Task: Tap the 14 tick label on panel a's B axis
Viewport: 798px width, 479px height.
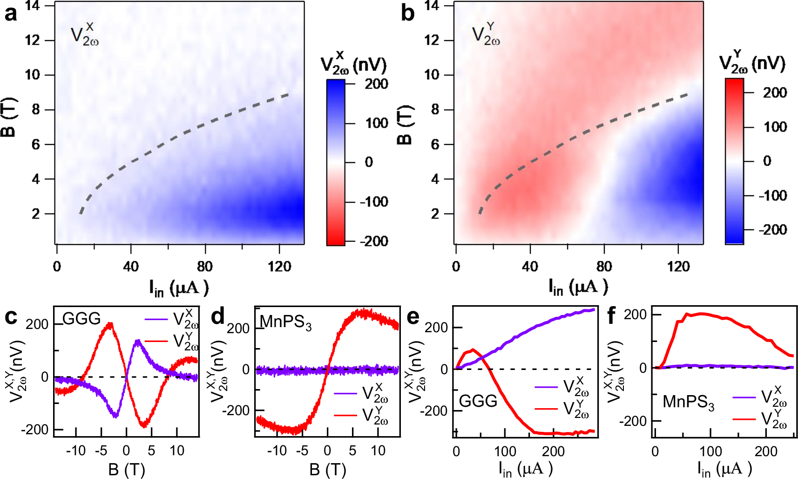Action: coord(33,6)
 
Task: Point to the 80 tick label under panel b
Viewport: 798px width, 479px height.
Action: coord(604,267)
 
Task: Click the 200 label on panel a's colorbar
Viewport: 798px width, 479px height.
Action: coord(376,84)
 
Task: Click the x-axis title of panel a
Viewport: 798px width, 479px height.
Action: coord(179,287)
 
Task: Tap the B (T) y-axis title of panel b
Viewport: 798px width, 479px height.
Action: coord(406,125)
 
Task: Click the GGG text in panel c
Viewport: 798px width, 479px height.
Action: coord(81,319)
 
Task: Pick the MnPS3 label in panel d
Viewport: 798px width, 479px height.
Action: coord(285,322)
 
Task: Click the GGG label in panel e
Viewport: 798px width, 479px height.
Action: coord(478,401)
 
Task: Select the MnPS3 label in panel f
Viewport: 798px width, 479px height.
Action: coord(688,402)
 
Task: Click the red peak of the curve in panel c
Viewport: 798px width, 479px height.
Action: coord(110,323)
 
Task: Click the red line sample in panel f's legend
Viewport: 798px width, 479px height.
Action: coord(744,418)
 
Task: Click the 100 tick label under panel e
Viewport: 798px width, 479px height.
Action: coord(505,451)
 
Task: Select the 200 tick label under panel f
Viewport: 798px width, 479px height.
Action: coord(766,451)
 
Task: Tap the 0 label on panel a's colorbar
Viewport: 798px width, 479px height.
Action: coord(369,162)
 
